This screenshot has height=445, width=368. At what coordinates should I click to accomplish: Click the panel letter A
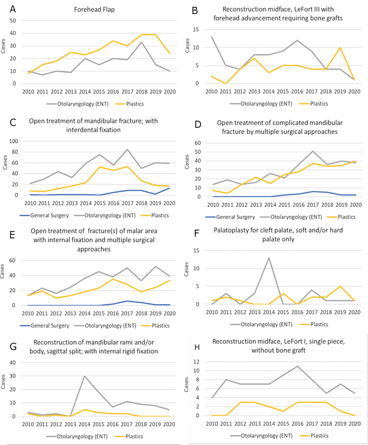coord(13,9)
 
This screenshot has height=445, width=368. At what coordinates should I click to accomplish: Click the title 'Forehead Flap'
coord(94,9)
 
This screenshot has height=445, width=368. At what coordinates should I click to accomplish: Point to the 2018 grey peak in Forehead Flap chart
coord(141,42)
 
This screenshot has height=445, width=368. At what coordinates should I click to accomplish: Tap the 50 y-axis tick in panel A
coord(13,21)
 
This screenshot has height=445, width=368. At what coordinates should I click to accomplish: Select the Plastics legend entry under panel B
coord(314,103)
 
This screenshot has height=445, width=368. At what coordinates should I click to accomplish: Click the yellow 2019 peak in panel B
coord(340,48)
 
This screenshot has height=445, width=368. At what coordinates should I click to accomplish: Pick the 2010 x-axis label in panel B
coord(211,91)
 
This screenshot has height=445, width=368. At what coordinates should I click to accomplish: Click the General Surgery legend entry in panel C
coord(45,215)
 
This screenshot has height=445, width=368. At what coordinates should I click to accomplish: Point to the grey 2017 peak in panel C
coord(127,149)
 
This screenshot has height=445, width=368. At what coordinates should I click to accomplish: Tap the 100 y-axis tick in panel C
coord(13,141)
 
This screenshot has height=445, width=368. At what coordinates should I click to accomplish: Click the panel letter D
coord(198,125)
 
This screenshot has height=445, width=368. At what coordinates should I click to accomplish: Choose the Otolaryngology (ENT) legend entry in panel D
coord(291,217)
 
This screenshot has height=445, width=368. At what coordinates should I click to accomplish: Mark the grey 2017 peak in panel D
coord(313,151)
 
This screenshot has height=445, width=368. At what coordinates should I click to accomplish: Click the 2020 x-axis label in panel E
coord(169,313)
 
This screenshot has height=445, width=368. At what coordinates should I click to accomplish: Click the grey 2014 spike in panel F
coord(268,258)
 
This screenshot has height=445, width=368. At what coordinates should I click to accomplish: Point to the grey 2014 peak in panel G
coord(84,376)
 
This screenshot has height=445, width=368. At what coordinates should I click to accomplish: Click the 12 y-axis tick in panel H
coord(196,362)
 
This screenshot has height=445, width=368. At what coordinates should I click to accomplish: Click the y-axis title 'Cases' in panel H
coord(187,385)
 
